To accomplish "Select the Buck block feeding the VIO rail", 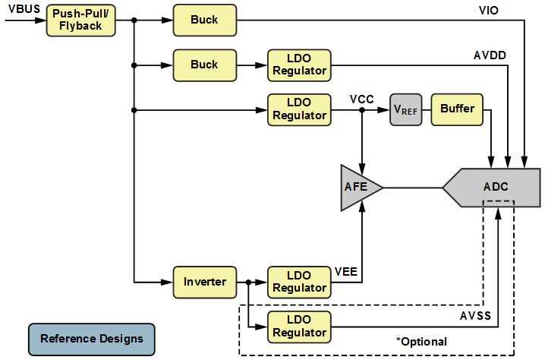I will click(204, 21).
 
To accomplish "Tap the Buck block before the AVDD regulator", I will click(204, 65).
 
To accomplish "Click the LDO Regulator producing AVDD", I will click(299, 65).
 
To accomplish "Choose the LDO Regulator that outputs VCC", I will click(299, 109).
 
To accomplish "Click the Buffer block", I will click(457, 109).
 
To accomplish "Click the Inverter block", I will click(204, 282).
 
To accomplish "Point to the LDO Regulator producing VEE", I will click(299, 282).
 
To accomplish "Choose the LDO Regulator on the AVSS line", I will click(299, 327).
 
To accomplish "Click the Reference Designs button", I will click(91, 339).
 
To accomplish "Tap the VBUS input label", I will click(24, 8).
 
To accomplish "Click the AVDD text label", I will click(490, 55).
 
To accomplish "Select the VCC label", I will click(362, 99).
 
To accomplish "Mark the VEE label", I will click(346, 271).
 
